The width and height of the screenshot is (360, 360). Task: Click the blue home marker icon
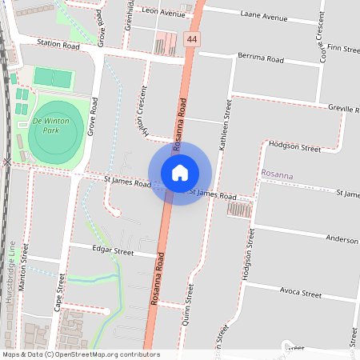(180, 172)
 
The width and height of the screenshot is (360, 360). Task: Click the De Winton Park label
(51, 125)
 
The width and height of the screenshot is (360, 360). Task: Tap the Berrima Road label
(261, 58)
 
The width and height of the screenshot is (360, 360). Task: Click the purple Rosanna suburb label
(278, 174)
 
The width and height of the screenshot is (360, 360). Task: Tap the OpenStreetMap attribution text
(80, 354)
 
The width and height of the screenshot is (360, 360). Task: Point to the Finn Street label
(342, 49)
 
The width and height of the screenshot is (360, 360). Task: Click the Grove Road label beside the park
(93, 115)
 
